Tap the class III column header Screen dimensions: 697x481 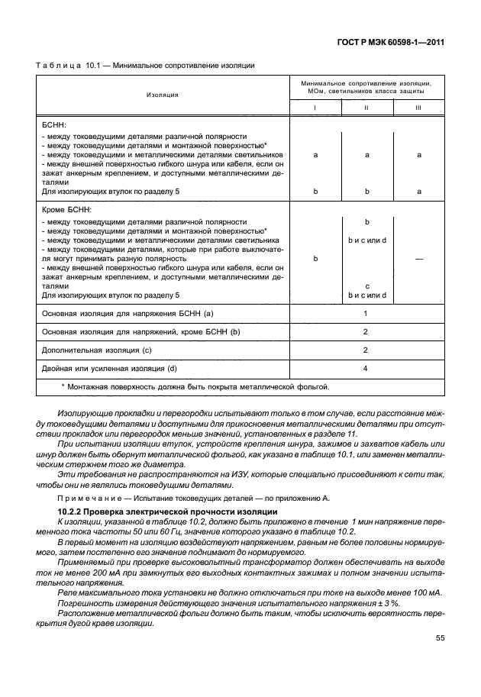tap(418, 108)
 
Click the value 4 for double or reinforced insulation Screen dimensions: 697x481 tap(366, 369)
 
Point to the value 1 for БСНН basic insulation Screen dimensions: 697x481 tap(366, 313)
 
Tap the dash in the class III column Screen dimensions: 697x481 tap(418, 259)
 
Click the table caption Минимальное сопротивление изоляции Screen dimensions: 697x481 tap(183, 65)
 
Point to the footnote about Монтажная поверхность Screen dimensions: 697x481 tap(195, 387)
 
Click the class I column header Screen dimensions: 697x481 tap(315, 108)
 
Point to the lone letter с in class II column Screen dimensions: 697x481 tap(366, 286)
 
